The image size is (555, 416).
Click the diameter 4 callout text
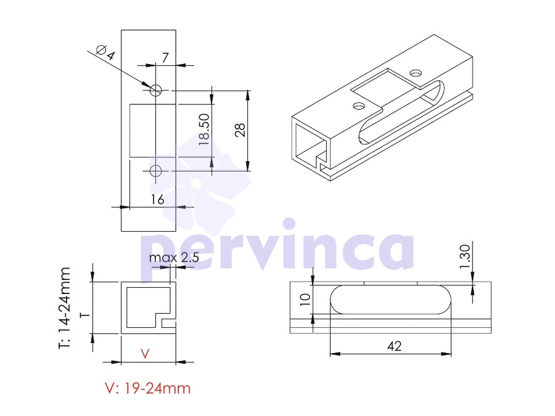(105, 52)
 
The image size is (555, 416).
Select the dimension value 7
(165, 57)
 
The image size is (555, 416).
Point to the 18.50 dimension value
(204, 129)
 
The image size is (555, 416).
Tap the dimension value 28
(240, 130)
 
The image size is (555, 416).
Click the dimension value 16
(157, 200)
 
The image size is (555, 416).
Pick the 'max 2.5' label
(174, 258)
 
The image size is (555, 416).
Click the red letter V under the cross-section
(145, 353)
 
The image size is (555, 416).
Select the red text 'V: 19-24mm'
(148, 388)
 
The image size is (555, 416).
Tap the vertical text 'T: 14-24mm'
(64, 308)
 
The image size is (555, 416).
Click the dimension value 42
(394, 346)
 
